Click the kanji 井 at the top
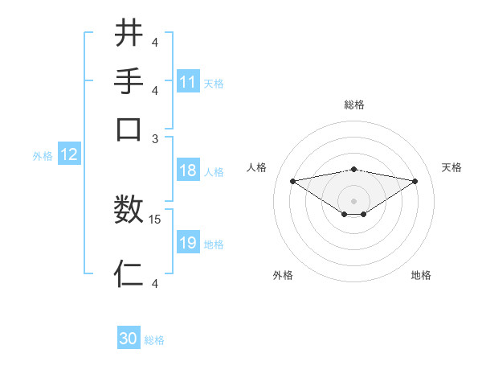point(129,33)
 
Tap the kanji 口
point(129,128)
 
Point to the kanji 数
point(129,211)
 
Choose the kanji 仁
point(129,273)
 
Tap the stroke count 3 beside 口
point(155,138)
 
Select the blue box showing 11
point(188,82)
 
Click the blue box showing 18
point(188,171)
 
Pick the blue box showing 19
point(188,243)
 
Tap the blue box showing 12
point(69,155)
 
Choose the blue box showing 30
point(129,339)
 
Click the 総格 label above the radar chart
point(354,105)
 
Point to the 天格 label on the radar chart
point(451,167)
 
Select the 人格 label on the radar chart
point(257,167)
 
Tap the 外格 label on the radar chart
point(282,275)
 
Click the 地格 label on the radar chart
point(421,275)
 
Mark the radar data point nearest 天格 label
point(415,181)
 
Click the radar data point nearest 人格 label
point(293,181)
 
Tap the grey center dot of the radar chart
point(354,200)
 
